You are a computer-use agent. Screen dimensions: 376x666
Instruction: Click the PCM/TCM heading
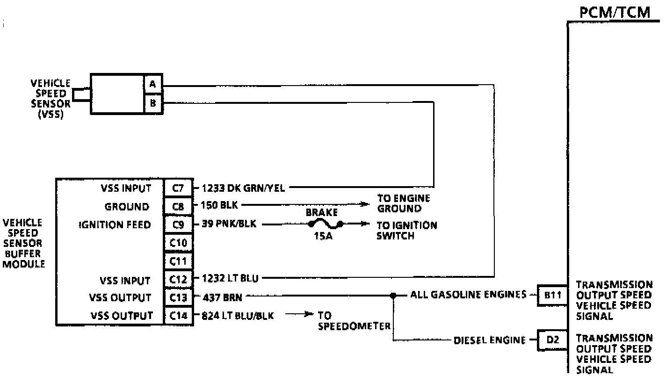pyautogui.click(x=615, y=12)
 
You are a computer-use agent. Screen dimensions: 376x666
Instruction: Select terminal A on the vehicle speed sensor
pyautogui.click(x=152, y=85)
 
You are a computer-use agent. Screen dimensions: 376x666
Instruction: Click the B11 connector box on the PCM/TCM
pyautogui.click(x=552, y=295)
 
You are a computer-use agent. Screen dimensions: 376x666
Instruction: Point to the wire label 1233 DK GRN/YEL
pyautogui.click(x=243, y=188)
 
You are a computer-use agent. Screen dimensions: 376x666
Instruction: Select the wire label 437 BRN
pyautogui.click(x=222, y=297)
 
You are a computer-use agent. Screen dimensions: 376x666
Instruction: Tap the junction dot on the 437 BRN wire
pyautogui.click(x=393, y=296)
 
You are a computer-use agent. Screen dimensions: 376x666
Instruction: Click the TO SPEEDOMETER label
pyautogui.click(x=354, y=321)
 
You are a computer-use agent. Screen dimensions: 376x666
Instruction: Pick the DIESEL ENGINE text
pyautogui.click(x=489, y=340)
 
